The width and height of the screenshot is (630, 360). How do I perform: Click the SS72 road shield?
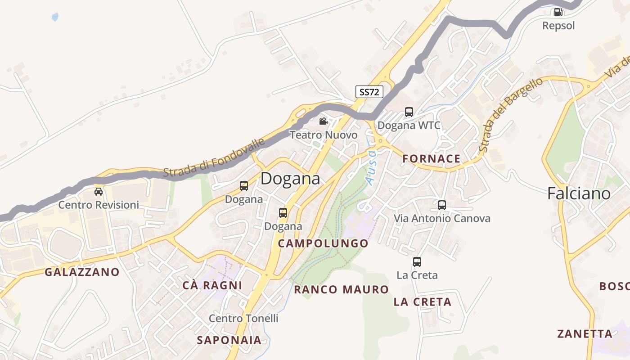369,92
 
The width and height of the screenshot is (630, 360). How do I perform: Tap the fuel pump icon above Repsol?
558,12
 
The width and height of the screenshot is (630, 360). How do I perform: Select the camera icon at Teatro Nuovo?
323,121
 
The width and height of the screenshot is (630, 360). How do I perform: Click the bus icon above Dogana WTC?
409,112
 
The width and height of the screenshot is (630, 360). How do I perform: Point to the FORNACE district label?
432,158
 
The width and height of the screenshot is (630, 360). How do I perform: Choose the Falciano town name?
579,193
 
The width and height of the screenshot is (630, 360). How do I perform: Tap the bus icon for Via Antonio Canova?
442,205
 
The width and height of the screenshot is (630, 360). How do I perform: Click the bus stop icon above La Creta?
417,261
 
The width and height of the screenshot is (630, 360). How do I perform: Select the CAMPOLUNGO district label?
323,243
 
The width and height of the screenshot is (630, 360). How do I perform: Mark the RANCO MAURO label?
341,289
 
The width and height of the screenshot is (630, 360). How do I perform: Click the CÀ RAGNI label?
212,285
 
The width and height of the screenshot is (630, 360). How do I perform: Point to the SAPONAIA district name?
229,340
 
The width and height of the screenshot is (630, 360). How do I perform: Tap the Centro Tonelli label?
243,318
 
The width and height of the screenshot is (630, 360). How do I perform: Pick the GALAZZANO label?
82,272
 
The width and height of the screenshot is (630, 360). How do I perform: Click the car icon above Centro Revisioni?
99,192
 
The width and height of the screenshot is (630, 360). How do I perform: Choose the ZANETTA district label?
585,334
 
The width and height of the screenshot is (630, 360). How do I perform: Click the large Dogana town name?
290,179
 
